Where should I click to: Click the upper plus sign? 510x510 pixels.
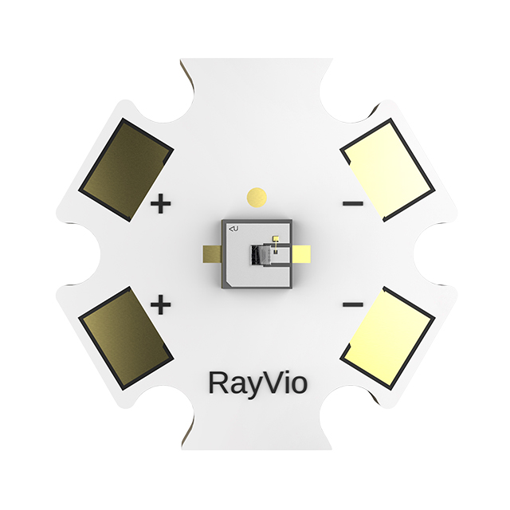click(x=161, y=205)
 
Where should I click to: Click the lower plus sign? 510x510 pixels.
click(x=161, y=304)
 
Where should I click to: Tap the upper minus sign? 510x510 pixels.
click(x=352, y=205)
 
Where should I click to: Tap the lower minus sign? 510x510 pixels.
click(x=352, y=304)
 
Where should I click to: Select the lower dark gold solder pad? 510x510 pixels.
click(x=126, y=339)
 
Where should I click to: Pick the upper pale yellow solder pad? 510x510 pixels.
click(x=388, y=170)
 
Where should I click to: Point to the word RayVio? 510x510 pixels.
click(x=257, y=383)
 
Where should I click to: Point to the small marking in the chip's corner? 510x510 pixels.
click(x=234, y=229)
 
